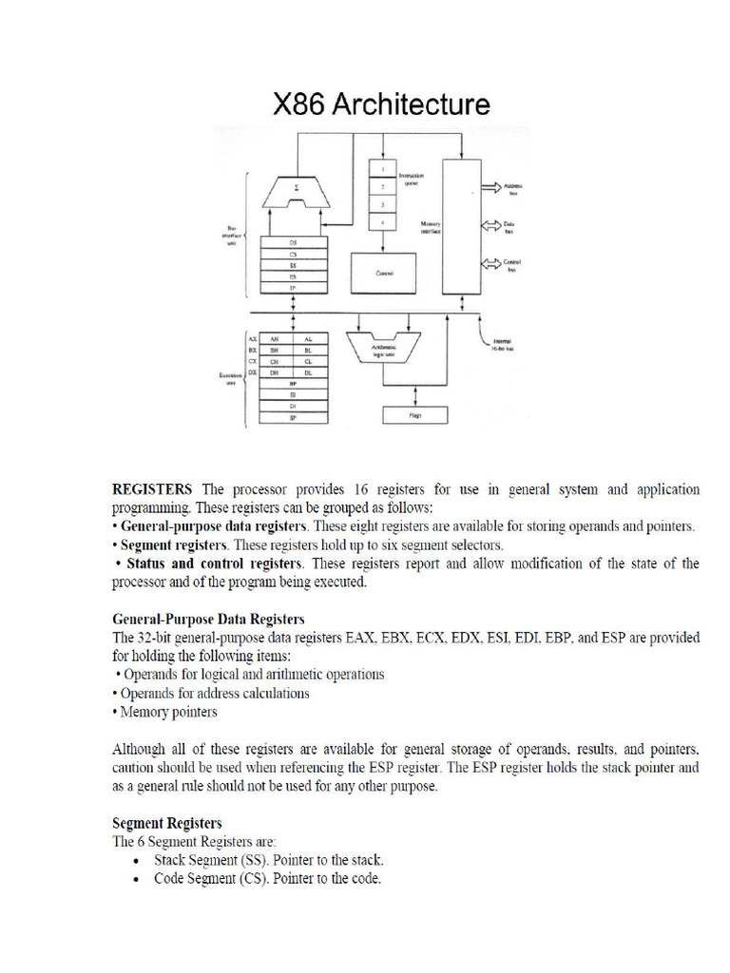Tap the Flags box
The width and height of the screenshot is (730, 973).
click(414, 414)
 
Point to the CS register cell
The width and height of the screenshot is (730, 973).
click(294, 254)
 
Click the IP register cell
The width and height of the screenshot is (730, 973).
click(294, 286)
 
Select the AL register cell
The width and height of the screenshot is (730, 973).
click(310, 338)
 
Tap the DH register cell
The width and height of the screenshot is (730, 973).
click(276, 372)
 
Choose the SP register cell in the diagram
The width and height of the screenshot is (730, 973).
click(294, 417)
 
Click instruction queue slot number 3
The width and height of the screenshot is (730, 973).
click(382, 203)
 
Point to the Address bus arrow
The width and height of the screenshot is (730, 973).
click(494, 188)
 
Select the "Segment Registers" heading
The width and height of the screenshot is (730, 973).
click(167, 822)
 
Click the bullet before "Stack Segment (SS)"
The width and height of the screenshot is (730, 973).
click(140, 860)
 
